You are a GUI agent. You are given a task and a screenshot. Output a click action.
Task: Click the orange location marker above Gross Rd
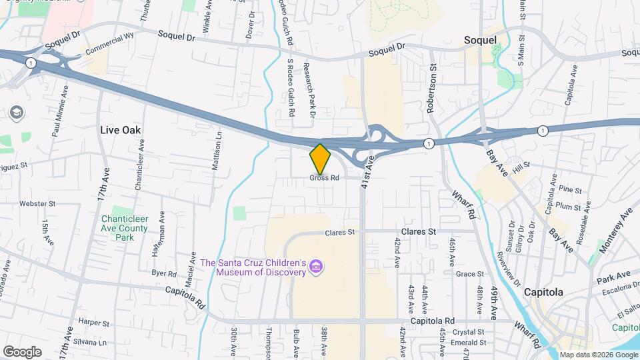pos(320,159)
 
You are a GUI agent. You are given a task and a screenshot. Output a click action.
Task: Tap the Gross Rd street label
pos(325,178)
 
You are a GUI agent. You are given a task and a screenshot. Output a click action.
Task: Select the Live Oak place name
pos(121,130)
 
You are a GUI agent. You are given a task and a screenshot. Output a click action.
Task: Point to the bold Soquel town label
pos(480,41)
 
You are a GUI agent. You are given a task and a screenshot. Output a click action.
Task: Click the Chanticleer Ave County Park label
pos(125,228)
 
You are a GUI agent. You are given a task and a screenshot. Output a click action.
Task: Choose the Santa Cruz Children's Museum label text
pos(253,267)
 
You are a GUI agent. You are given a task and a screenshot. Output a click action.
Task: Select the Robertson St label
pos(431,87)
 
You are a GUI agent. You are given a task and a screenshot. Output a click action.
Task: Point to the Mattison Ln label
pos(216,151)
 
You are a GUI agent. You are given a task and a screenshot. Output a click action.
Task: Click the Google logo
pos(22,351)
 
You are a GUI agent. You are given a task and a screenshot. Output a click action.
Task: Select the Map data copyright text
pos(598,355)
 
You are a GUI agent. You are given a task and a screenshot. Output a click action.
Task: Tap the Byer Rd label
pos(163,273)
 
